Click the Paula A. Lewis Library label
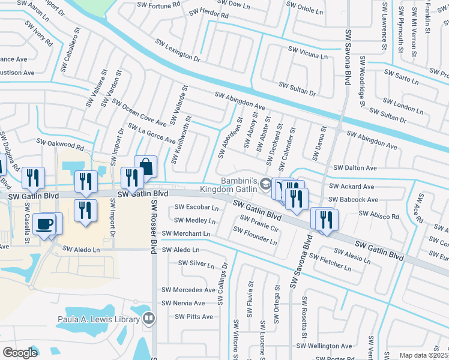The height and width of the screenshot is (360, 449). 99,319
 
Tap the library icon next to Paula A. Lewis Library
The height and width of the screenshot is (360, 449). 149,319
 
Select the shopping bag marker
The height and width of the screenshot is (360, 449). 145,166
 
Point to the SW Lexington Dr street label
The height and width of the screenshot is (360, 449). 178,50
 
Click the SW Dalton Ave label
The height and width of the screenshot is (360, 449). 355,168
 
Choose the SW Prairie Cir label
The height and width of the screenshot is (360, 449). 259,223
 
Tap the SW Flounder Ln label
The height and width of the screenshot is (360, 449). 258,238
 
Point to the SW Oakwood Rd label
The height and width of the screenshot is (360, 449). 60,144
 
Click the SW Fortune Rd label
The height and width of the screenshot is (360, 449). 159,7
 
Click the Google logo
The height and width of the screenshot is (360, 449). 20,352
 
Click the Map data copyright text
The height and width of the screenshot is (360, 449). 424,355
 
